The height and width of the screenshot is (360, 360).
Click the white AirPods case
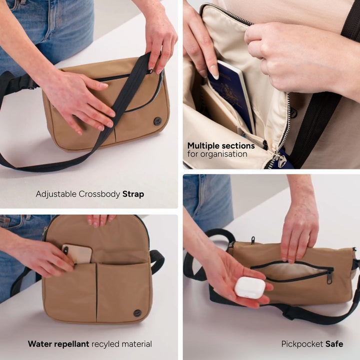(250, 287)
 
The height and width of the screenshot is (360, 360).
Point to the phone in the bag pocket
(77, 253)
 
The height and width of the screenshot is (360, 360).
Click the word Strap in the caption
(133, 194)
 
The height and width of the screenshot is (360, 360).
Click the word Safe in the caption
(334, 344)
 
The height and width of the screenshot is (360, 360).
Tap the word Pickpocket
(302, 344)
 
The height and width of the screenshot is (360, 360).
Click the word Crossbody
(99, 194)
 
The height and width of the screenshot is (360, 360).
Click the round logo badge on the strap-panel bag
(157, 121)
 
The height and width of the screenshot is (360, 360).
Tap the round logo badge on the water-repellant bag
(137, 313)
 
